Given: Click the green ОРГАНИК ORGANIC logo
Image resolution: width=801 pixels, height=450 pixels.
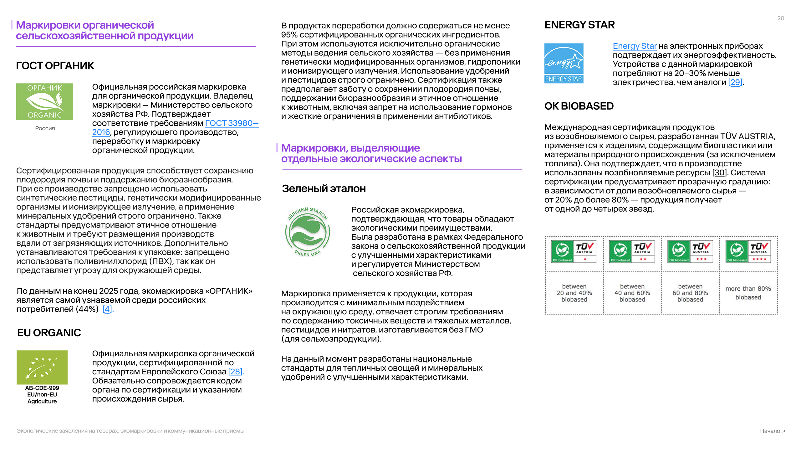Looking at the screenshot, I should [45, 101].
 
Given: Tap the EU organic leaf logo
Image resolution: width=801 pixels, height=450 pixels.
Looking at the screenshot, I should [42, 367].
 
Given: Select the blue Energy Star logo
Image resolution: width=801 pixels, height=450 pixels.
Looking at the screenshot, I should [564, 63].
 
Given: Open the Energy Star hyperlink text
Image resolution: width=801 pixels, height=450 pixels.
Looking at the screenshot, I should [634, 46].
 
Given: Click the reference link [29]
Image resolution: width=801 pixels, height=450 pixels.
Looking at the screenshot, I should [735, 82].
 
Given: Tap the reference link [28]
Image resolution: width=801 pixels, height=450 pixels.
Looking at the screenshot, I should [235, 372].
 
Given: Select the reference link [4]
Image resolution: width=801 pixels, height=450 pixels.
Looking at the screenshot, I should [107, 309].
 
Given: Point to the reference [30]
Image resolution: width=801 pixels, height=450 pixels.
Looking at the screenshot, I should [719, 173].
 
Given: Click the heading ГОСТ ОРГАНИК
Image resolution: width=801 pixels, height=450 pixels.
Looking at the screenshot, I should [55, 66].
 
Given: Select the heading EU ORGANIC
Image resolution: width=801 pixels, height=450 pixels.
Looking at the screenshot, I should [49, 333].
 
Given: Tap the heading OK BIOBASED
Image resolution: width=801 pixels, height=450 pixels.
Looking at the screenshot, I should [579, 106].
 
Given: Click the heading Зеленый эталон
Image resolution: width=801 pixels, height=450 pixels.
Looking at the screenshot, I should [324, 189].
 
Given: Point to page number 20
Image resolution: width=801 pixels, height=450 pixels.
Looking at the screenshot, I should [781, 18].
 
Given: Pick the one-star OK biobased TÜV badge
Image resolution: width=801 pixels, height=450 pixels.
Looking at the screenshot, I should [574, 251].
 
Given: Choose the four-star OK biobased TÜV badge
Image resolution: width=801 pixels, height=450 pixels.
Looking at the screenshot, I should [748, 251].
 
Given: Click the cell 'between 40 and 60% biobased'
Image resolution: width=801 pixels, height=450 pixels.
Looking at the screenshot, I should [632, 293].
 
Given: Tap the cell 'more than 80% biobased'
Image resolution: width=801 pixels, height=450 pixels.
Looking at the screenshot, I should [748, 293].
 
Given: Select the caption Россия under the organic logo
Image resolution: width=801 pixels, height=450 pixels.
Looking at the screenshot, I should [45, 128].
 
